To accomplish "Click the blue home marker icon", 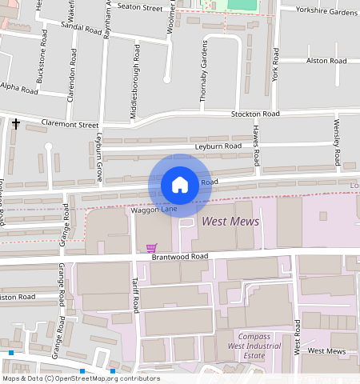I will point(180,185).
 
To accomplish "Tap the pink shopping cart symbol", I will point(152,247).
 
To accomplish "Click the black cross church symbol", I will point(16,123).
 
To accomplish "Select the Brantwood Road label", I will point(178,257).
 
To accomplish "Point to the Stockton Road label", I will point(255,114).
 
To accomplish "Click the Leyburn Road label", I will point(221,146).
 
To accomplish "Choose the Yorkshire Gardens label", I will point(326,13).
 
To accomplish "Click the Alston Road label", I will point(326,61).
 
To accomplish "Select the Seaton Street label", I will point(139,6).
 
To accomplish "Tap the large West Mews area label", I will point(230,221).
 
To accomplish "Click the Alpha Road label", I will point(19,90).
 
